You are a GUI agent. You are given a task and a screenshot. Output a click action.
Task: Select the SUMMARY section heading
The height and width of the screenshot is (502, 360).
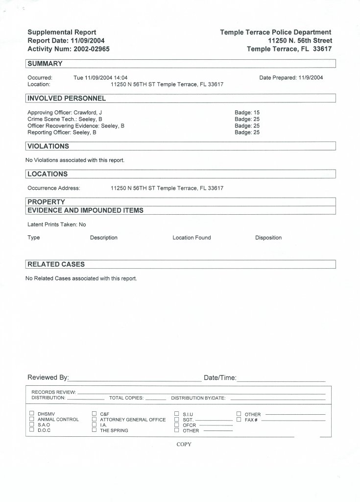pyautogui.click(x=45, y=64)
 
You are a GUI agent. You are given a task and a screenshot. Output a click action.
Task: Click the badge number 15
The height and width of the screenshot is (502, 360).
pyautogui.click(x=257, y=113)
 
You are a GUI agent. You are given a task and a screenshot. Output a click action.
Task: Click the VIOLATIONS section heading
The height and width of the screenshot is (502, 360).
pyautogui.click(x=48, y=146)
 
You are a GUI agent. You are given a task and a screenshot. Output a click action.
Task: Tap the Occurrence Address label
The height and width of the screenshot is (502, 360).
pyautogui.click(x=54, y=188)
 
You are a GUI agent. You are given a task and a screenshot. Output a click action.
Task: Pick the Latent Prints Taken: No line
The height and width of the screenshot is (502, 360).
pyautogui.click(x=57, y=225)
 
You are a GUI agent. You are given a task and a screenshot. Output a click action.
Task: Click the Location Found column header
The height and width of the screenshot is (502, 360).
pyautogui.click(x=192, y=238)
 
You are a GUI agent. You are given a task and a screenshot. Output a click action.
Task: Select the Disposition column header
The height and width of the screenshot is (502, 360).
pyautogui.click(x=268, y=238)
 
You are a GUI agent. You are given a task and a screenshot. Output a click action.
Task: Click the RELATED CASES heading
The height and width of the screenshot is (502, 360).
pyautogui.click(x=56, y=264)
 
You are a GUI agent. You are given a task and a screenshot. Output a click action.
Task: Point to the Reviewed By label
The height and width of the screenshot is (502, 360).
pyautogui.click(x=48, y=377)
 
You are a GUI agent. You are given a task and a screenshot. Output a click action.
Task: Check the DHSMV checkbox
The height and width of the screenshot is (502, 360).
pyautogui.click(x=32, y=414)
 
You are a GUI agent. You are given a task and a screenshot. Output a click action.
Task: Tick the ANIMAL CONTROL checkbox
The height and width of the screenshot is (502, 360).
pyautogui.click(x=32, y=419)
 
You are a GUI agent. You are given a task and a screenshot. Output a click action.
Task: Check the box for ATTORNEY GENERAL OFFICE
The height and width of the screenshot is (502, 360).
pyautogui.click(x=95, y=419)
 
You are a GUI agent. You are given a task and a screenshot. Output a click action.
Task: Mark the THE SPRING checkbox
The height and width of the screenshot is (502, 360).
pyautogui.click(x=95, y=430)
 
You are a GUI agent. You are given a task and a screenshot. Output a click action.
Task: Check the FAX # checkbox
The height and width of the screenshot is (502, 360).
pyautogui.click(x=239, y=419)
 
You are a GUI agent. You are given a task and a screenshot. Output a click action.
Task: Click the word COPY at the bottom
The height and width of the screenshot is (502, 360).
pyautogui.click(x=184, y=445)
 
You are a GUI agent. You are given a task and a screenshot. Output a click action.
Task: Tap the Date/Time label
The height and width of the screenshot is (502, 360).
pyautogui.click(x=220, y=377)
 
